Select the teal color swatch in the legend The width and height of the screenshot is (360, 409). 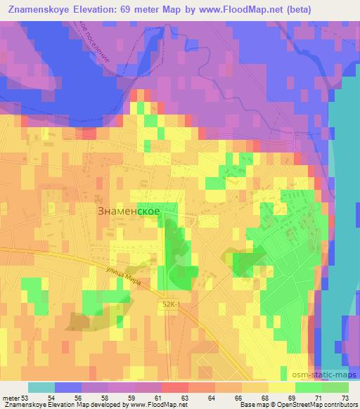(41, 387)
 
